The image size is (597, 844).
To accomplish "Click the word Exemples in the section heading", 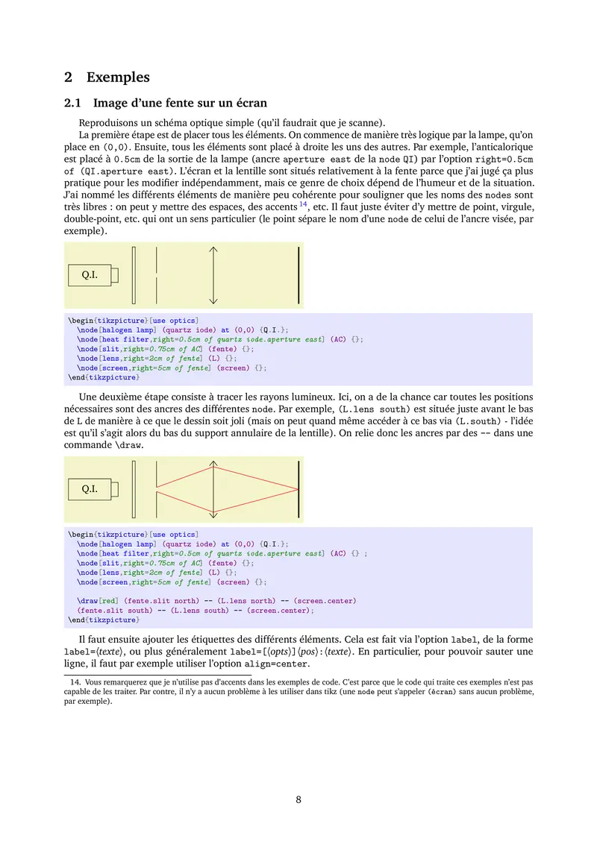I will pos(118,77).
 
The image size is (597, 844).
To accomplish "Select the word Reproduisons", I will pos(110,122).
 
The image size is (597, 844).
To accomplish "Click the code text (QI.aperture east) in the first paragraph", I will pos(116,171).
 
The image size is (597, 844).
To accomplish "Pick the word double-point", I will pos(92,219).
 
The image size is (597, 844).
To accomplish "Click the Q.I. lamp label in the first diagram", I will pos(90,275).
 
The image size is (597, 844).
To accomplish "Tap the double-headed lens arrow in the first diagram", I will pos(213,275).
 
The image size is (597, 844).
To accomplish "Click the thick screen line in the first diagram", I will pos(298,275).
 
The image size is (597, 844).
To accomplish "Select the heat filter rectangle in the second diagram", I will pos(134,490).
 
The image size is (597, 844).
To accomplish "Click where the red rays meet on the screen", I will pos(298,490).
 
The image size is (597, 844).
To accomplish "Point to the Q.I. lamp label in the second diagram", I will pos(90,490).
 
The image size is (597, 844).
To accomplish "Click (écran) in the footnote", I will pos(440,692).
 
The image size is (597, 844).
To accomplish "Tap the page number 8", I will pos(298,799).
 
